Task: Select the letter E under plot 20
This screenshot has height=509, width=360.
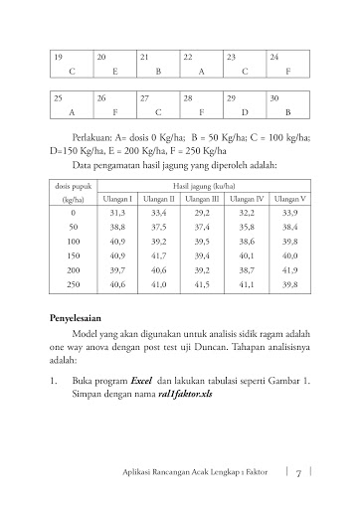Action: pyautogui.click(x=115, y=74)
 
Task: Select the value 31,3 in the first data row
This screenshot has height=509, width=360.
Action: pyautogui.click(x=116, y=213)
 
